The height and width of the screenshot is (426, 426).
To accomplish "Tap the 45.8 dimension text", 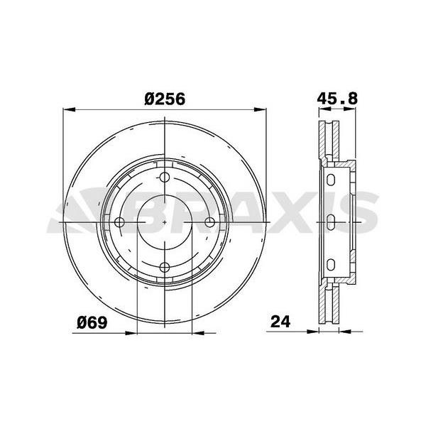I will pos(337,100).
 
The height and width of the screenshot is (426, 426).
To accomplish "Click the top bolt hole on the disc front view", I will pos(165,178).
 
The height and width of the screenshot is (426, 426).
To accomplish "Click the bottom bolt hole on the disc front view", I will pos(165,267).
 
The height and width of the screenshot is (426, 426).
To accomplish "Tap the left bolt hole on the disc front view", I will pos(120,222).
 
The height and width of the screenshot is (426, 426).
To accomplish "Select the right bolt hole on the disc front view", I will pos(209,222).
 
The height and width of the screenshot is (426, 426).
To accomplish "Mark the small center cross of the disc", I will pos(165,222).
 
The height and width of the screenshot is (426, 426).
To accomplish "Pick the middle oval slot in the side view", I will pos(330,222).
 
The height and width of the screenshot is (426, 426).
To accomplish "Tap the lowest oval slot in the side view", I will pos(330,265).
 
